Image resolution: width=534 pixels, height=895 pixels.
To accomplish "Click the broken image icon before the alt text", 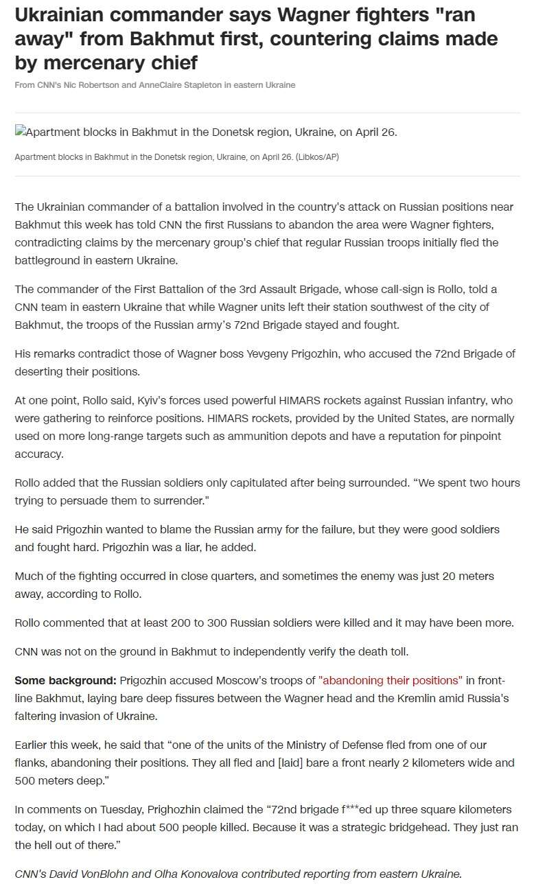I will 20,131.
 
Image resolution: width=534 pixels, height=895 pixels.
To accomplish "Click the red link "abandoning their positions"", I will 391,680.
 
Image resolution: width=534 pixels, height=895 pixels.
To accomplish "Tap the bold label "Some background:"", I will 65,680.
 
